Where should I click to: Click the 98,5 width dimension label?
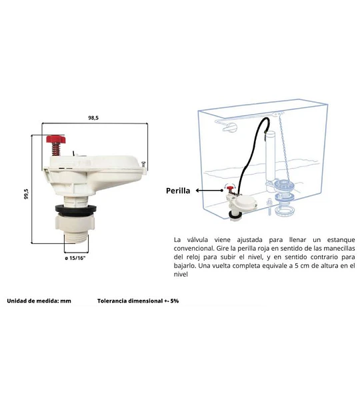click(x=93, y=118)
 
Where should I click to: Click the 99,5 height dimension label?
click(x=26, y=194)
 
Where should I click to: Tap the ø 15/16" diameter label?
click(x=75, y=258)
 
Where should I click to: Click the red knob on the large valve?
click(x=56, y=139)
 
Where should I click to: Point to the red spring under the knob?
click(x=56, y=149)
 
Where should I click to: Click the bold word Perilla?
click(x=178, y=191)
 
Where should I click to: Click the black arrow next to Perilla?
click(x=209, y=191)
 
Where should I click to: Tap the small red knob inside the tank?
click(x=231, y=188)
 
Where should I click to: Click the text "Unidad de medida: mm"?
click(x=39, y=301)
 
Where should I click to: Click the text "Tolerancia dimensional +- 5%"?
click(x=138, y=301)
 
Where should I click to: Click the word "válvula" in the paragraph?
click(x=197, y=240)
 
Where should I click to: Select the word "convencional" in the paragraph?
click(x=193, y=249)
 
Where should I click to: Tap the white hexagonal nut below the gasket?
click(x=75, y=223)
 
